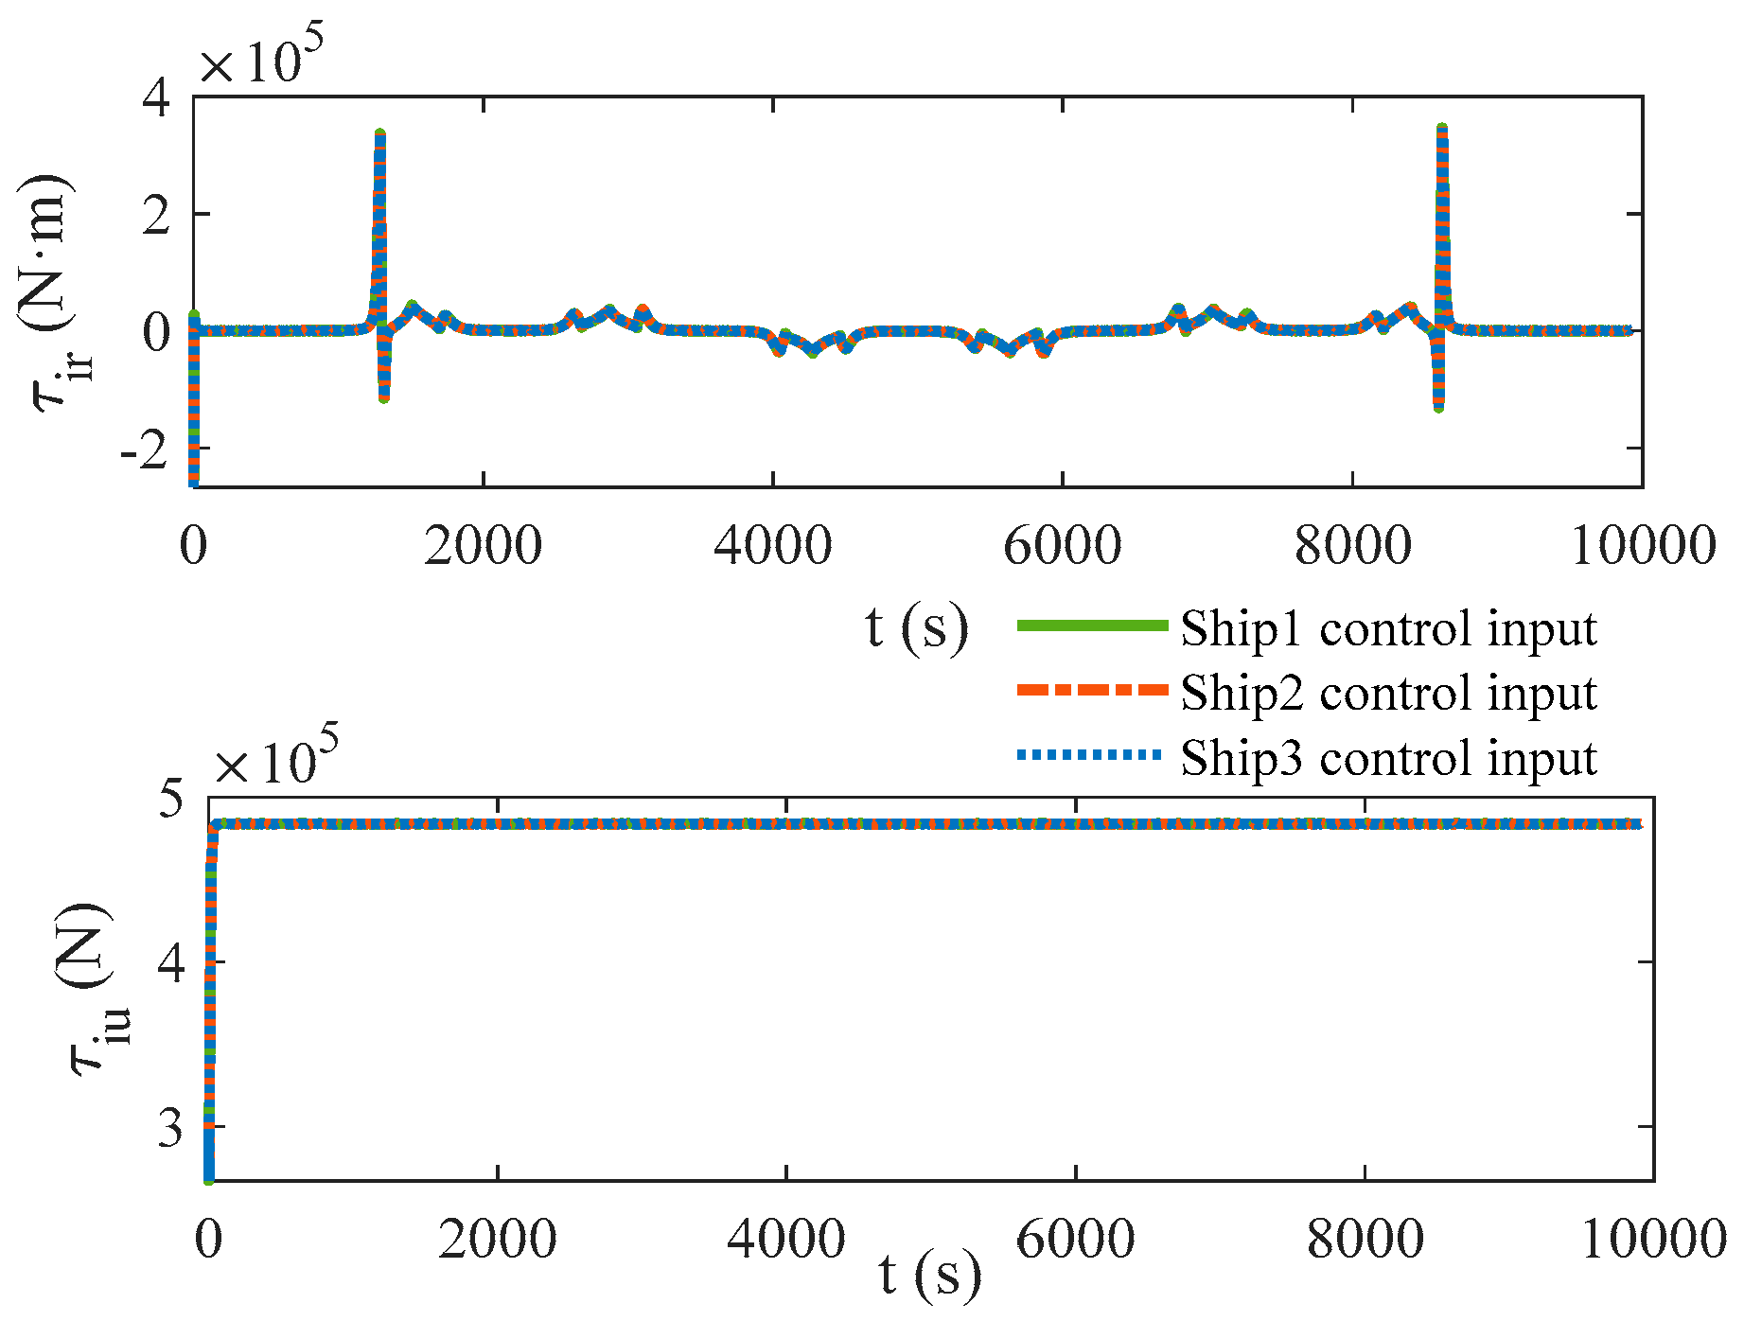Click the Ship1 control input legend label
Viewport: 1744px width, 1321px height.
coord(1388,628)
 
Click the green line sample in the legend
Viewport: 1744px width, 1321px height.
coord(1092,625)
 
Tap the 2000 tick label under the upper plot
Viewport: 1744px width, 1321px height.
coord(483,546)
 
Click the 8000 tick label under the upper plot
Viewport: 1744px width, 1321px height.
coord(1352,546)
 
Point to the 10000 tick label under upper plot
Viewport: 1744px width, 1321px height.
coord(1643,546)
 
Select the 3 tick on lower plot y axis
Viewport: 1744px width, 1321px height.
coord(170,1127)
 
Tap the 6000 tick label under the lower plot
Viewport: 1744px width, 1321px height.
coord(1075,1239)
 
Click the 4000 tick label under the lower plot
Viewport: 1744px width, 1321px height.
coord(785,1239)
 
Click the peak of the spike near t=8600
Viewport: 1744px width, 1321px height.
coord(1441,128)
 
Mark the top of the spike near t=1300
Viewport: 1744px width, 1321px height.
coord(379,133)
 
